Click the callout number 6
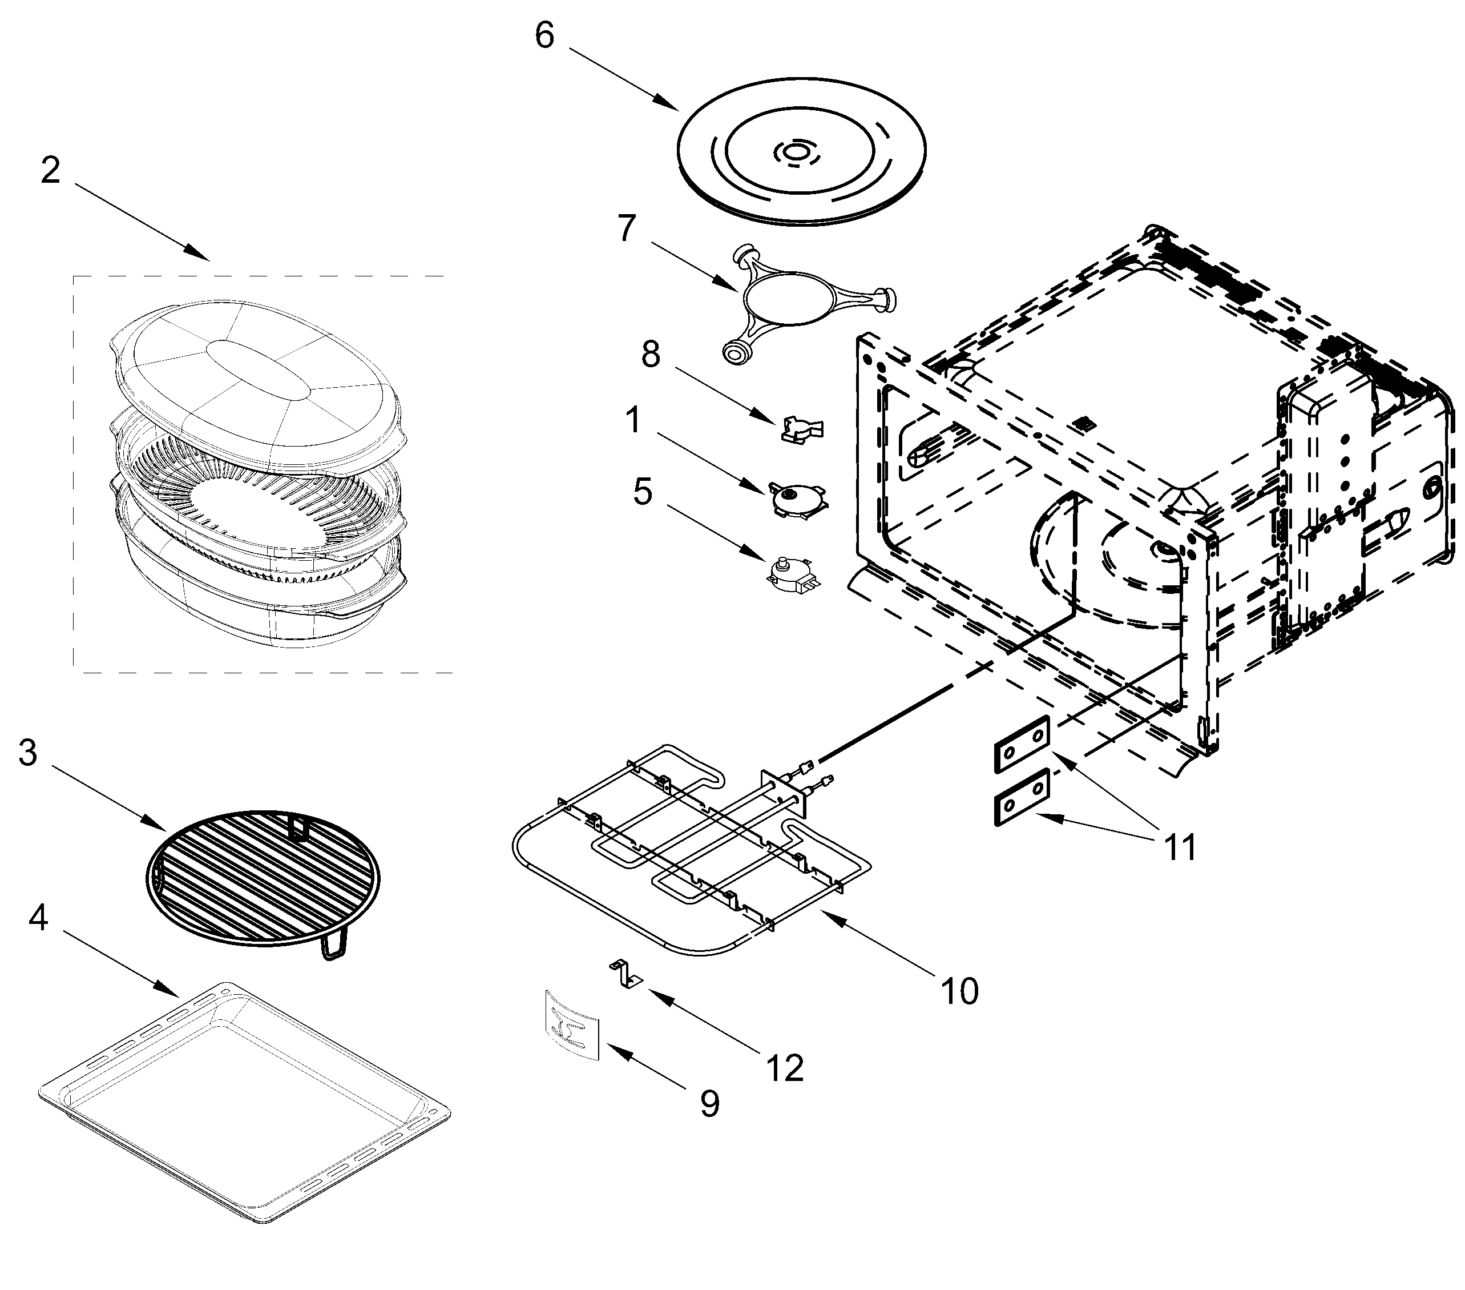(x=544, y=36)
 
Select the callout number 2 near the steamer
(x=50, y=171)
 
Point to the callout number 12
(x=785, y=1068)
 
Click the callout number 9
(x=709, y=1104)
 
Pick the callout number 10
(x=959, y=992)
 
